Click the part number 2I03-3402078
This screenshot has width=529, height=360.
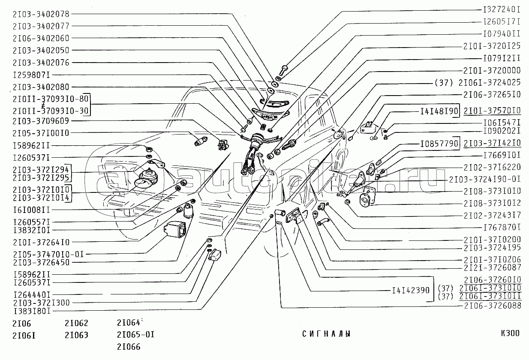(x=41, y=14)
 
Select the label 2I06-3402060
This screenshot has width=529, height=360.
(x=41, y=38)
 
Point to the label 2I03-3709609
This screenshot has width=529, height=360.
(x=41, y=120)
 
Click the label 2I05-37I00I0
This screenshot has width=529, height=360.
(x=41, y=133)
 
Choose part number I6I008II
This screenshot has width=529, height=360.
(x=32, y=210)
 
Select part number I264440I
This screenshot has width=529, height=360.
(x=32, y=294)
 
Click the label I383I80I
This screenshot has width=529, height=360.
(x=32, y=310)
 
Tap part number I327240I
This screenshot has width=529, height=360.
(x=502, y=9)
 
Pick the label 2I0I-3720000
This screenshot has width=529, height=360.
(x=492, y=70)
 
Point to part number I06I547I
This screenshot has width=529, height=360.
(x=502, y=122)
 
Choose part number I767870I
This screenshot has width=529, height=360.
(x=502, y=227)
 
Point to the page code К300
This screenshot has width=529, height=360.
(x=510, y=333)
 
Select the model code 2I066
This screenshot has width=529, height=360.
(x=129, y=347)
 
